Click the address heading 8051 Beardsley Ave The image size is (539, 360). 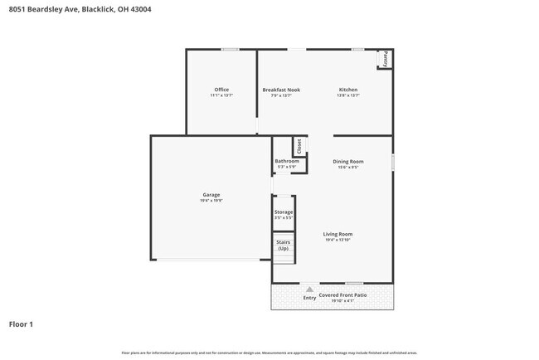point(80,10)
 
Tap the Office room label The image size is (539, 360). point(221,90)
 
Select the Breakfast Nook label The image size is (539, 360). point(281,90)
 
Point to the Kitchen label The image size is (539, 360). point(347,90)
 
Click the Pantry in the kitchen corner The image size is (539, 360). point(384,59)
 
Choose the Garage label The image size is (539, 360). point(211,195)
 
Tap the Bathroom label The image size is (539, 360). point(286,161)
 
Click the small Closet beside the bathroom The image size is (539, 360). point(300,147)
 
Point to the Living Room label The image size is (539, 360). point(338,234)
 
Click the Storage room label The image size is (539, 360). point(284,212)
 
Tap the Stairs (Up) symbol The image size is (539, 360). point(284,246)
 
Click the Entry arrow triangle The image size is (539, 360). point(309,290)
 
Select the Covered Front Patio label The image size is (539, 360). point(343,295)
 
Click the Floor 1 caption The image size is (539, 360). point(21,324)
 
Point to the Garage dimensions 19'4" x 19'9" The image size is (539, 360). point(211,201)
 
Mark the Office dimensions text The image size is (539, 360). point(221,95)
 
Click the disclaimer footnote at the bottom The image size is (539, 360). point(269,353)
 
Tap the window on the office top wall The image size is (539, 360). point(230,50)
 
